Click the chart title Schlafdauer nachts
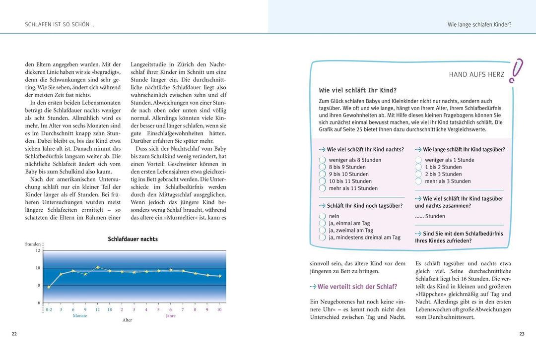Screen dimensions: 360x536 tap(133, 239)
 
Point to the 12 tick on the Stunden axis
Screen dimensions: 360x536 tap(38, 250)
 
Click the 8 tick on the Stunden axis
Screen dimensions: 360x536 tap(38, 285)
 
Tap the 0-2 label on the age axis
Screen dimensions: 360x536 tap(49, 309)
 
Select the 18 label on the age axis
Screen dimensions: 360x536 tap(109, 309)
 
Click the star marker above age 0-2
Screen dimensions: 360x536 tap(49, 287)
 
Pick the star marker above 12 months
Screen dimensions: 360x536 tap(97, 267)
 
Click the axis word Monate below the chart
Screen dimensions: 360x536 tap(79, 315)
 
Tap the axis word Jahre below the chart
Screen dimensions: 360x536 tap(170, 315)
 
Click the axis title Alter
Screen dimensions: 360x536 tap(127, 320)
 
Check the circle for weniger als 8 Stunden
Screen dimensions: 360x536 tap(322, 160)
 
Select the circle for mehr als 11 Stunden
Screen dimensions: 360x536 tap(322, 188)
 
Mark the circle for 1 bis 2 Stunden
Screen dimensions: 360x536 tap(418, 167)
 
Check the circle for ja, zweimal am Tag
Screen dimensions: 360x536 tap(322, 230)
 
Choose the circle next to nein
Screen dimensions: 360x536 tap(322, 216)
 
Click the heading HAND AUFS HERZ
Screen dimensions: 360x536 tap(476, 75)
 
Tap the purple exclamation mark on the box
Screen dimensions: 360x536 tap(517, 70)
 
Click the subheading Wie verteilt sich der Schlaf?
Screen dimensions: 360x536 tap(357, 287)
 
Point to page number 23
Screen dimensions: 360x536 tap(522, 334)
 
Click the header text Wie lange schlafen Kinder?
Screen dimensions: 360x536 tap(479, 24)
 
